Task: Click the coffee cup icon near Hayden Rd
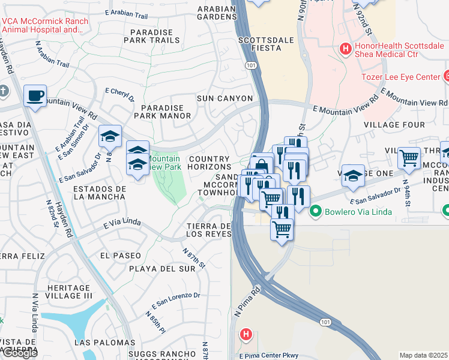click(x=35, y=95)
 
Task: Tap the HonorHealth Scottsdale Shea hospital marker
click(x=346, y=48)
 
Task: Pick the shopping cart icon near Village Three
click(x=409, y=158)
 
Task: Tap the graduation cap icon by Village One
click(x=353, y=175)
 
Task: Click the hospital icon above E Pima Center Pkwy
click(x=245, y=334)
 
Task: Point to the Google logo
click(x=20, y=353)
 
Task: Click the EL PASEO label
click(x=121, y=255)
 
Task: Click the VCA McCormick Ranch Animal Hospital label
click(x=45, y=25)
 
